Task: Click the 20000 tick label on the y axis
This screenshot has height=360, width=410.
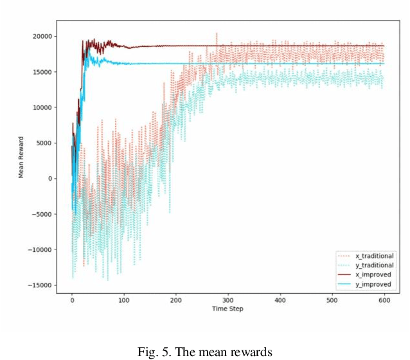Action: [42, 37]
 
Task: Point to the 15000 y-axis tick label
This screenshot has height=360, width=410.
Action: [42, 72]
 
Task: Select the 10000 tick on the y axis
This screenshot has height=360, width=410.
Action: [42, 107]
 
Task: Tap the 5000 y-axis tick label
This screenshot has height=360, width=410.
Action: [44, 143]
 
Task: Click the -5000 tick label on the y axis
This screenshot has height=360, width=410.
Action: [42, 214]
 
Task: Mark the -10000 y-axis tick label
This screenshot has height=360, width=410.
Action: [40, 249]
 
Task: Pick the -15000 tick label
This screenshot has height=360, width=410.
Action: [40, 285]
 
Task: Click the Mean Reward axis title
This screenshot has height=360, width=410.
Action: [21, 161]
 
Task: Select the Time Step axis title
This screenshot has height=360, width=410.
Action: [228, 308]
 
